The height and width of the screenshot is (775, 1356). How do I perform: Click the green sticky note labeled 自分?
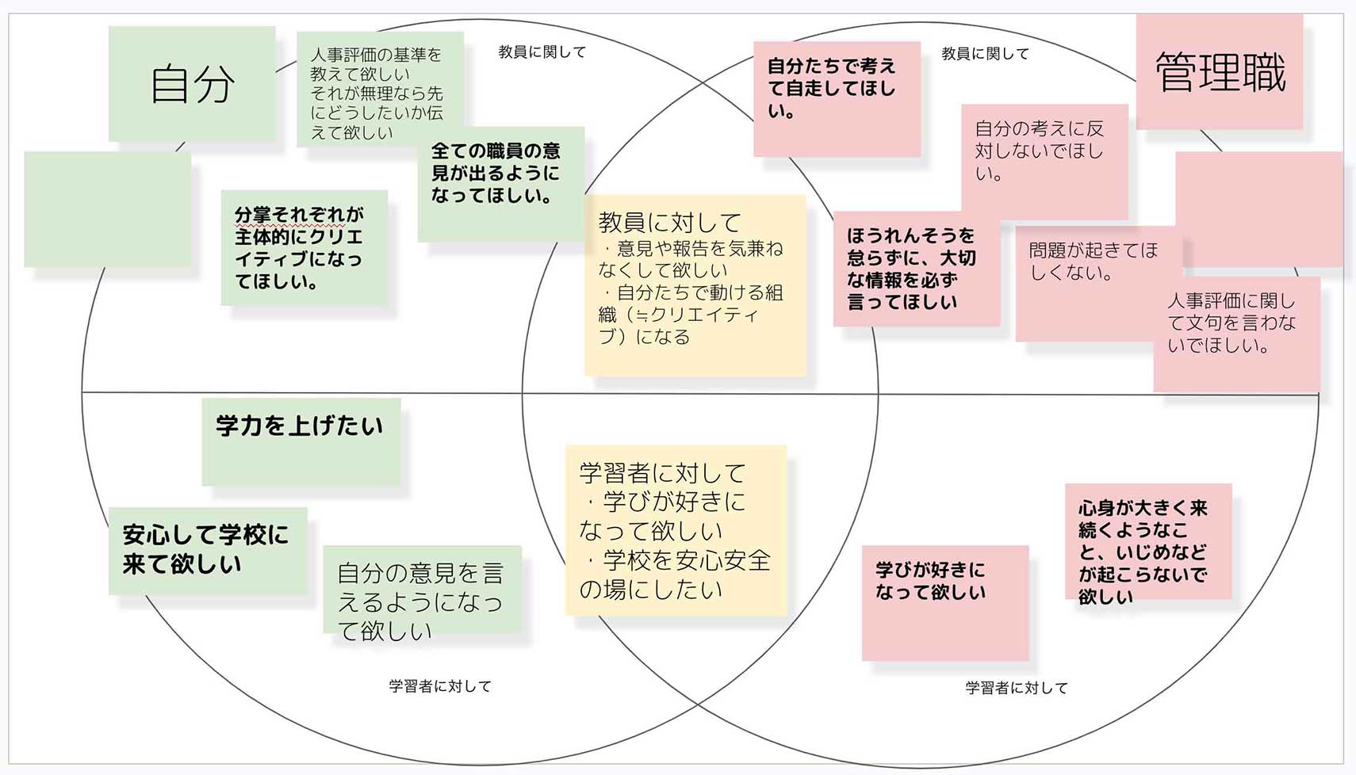tap(192, 83)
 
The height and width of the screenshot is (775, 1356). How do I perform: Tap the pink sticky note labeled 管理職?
tap(1219, 71)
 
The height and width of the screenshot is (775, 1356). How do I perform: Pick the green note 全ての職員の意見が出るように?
tap(501, 184)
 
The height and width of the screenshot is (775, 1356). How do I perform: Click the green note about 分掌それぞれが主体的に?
tap(304, 247)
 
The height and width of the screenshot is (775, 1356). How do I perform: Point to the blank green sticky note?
tap(108, 209)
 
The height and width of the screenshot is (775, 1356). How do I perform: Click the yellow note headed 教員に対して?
tap(695, 285)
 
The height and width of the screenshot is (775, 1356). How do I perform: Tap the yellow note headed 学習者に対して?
tap(676, 530)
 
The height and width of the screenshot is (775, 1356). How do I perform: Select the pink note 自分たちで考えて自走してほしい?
tap(837, 98)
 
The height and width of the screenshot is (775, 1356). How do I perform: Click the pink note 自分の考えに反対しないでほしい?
tap(1045, 162)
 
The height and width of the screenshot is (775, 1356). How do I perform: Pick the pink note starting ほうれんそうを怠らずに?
tap(917, 269)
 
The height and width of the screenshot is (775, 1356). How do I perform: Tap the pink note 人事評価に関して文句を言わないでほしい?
tap(1237, 334)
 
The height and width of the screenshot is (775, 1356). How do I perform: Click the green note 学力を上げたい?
tap(301, 441)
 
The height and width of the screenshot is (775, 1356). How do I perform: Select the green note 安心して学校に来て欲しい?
tap(208, 552)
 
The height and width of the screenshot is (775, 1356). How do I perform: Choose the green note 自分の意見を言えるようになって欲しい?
tap(422, 590)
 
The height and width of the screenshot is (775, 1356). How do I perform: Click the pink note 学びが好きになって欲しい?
tap(945, 603)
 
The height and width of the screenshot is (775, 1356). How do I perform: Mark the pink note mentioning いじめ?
tap(1148, 541)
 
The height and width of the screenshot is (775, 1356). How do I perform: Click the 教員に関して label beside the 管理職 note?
tap(985, 54)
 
